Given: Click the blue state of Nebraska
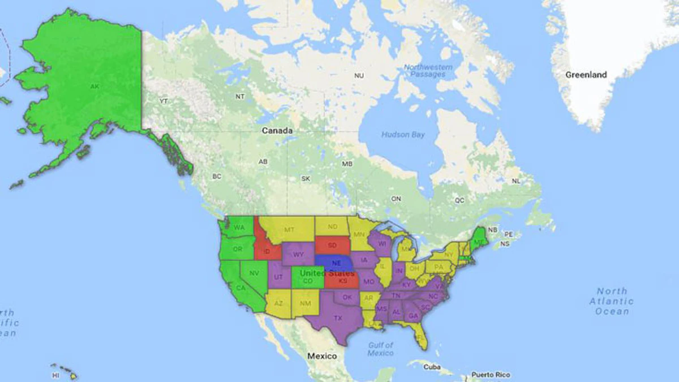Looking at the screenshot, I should point(336,263).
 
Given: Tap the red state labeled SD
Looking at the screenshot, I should point(332,245).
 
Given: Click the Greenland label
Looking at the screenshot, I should point(586,75).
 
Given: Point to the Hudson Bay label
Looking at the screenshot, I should point(402,135).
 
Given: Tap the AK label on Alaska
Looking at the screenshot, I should point(94,87).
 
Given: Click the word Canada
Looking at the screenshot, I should point(277,131).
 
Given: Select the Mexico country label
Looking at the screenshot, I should point(321,356).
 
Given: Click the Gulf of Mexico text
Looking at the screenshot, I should point(380,349).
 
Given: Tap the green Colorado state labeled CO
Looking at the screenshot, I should point(308,280).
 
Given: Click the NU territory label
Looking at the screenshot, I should point(359,75).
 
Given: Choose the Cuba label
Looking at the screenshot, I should point(432,367).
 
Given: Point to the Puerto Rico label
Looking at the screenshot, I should point(491,375).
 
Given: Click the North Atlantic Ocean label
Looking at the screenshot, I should point(612,301).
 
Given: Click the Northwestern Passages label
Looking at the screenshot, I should point(428,71).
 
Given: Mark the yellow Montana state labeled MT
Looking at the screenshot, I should point(289,230).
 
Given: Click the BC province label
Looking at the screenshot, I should point(217,177).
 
